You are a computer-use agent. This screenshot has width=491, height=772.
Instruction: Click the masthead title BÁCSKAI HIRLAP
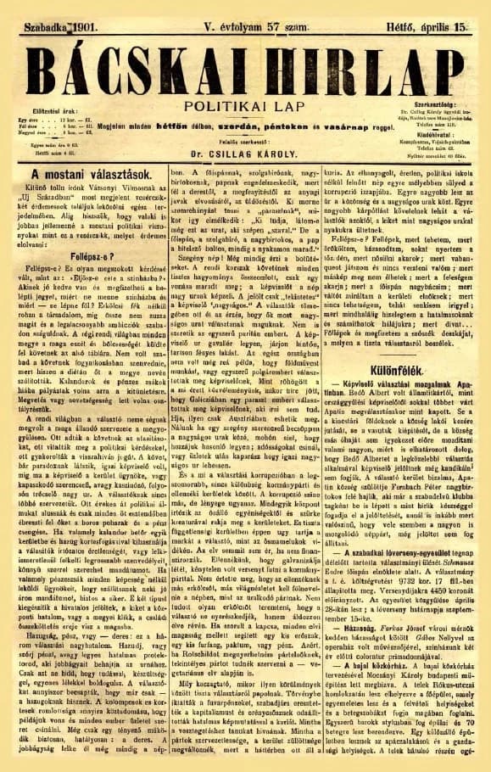[x=245, y=60]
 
